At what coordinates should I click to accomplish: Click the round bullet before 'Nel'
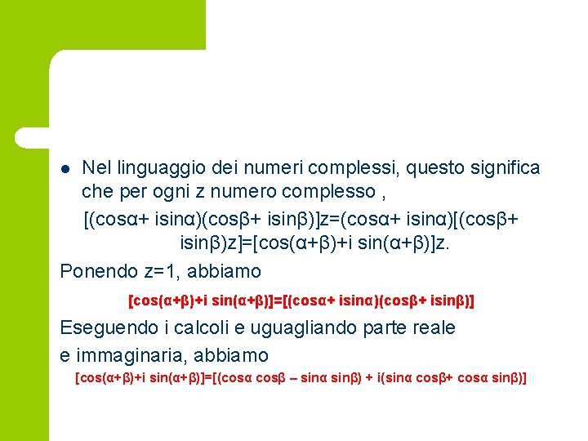click(x=66, y=169)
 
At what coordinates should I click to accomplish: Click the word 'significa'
click(x=501, y=168)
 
